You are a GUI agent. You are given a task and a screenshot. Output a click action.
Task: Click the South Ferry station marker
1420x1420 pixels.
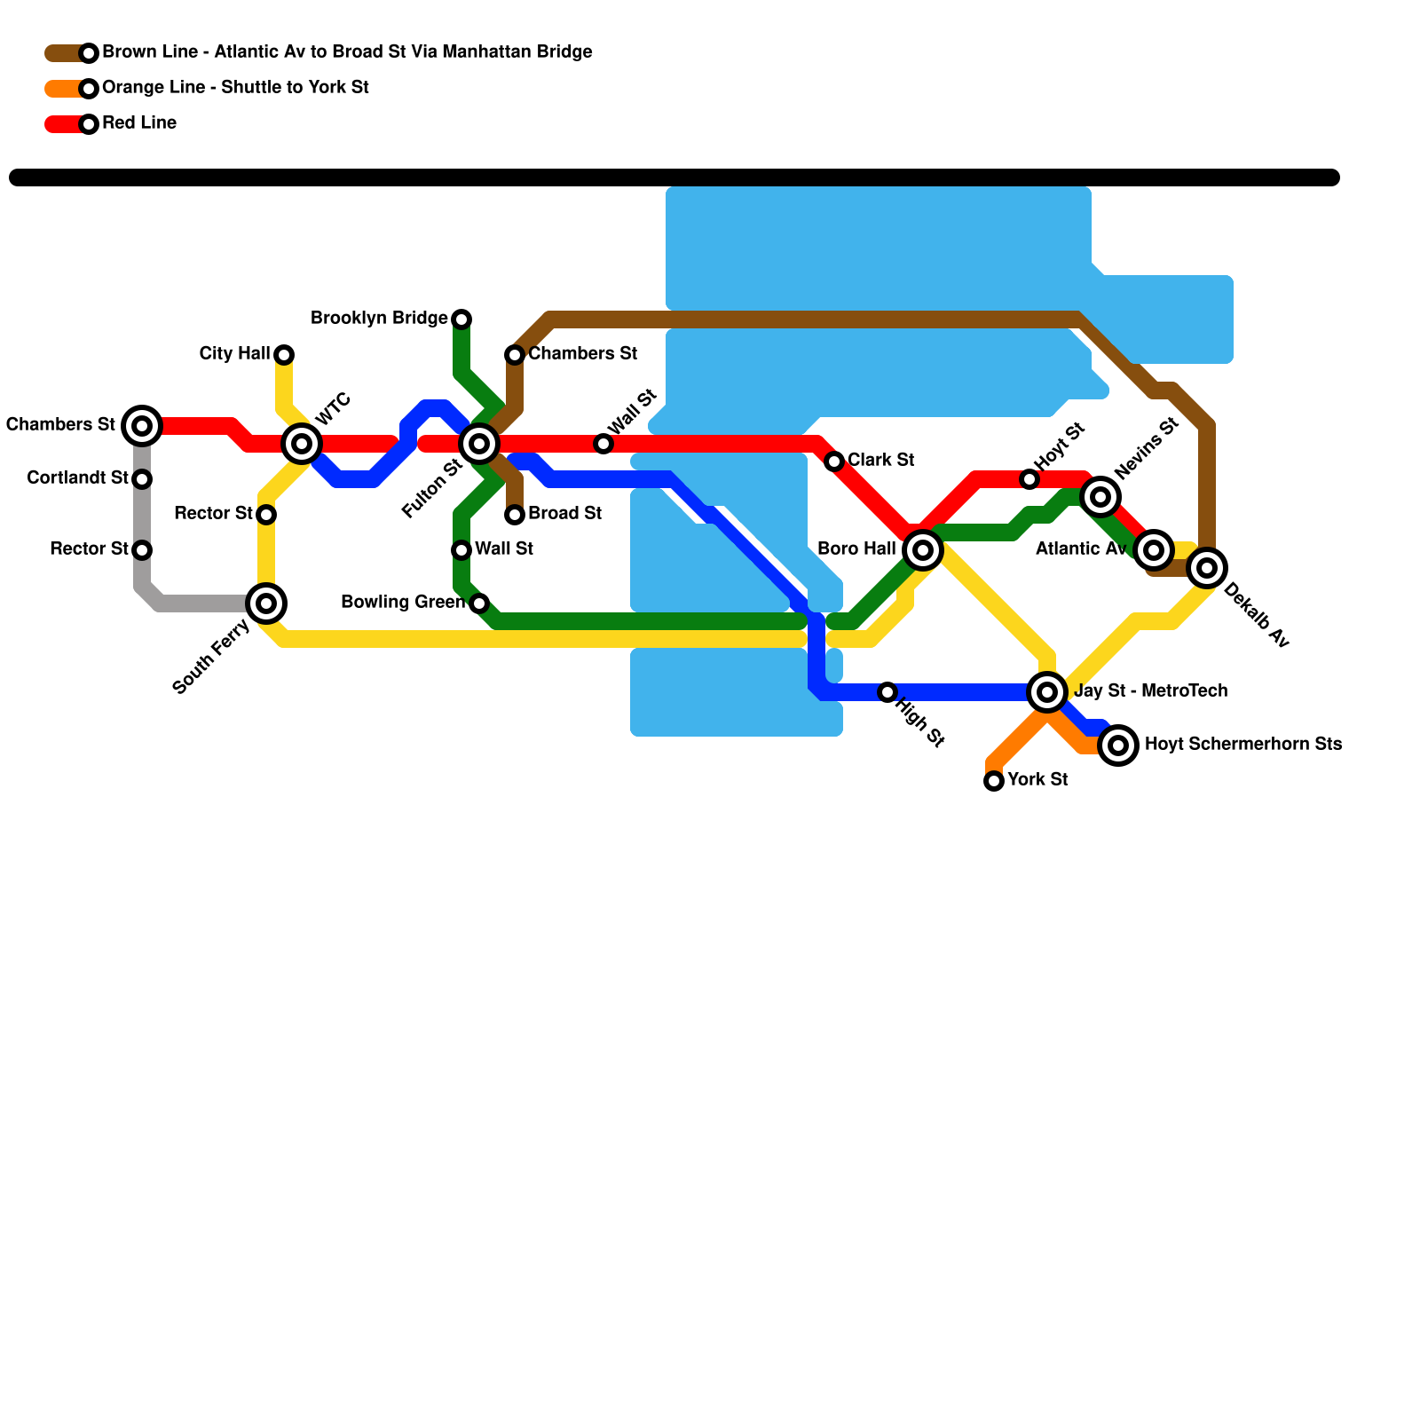(x=266, y=603)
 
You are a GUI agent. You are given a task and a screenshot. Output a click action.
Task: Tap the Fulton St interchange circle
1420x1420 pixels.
(x=479, y=443)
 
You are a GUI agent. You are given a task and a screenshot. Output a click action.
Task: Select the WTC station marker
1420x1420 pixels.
(x=302, y=443)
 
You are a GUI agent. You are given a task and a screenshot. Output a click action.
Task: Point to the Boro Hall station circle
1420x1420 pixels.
(x=923, y=550)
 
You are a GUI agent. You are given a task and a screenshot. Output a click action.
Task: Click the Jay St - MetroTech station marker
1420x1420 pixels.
(x=1047, y=692)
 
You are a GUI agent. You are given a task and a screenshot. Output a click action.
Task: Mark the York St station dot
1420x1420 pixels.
(x=994, y=781)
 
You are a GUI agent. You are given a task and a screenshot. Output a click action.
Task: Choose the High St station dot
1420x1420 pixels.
(x=887, y=692)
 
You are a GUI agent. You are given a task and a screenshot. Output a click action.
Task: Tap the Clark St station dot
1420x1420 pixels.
(x=834, y=461)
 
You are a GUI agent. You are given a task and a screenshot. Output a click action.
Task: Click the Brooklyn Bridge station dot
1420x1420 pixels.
(x=461, y=319)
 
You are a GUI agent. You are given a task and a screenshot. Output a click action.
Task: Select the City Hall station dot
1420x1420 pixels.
(x=284, y=355)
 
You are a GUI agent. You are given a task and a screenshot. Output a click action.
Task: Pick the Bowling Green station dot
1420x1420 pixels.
(x=479, y=603)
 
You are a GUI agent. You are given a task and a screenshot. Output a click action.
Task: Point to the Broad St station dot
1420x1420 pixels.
(x=515, y=515)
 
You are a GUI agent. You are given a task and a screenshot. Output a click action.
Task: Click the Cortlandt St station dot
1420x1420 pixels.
(x=142, y=479)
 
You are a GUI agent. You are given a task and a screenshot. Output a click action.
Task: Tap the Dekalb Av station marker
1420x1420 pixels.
(x=1207, y=568)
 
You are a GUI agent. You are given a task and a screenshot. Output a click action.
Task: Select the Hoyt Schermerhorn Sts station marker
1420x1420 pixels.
(x=1119, y=745)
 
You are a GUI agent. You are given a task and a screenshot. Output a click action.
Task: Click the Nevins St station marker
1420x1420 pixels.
(x=1100, y=497)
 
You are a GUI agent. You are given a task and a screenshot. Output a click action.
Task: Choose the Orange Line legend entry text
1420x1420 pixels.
(x=235, y=88)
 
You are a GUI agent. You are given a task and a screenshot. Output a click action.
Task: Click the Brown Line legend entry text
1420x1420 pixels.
(x=347, y=52)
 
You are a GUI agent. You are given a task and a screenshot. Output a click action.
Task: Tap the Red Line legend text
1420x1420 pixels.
(x=139, y=123)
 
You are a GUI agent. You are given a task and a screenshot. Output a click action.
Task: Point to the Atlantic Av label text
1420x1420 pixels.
(x=1081, y=549)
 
